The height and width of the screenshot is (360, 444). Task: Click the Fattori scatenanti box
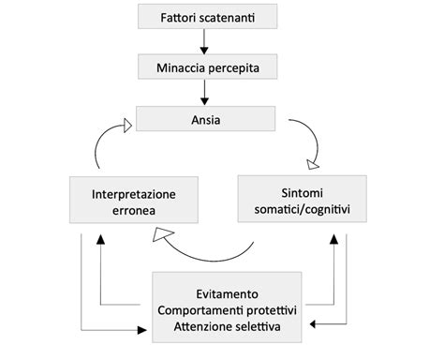tap(206, 17)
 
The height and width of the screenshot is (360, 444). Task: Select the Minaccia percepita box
tap(206, 67)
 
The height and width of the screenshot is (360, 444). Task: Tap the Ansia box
tap(206, 119)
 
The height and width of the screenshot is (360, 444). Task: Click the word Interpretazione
tap(134, 194)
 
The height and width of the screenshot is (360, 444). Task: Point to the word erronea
tap(134, 212)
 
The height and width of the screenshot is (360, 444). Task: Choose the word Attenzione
tap(198, 326)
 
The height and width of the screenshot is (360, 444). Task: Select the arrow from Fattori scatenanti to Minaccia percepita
tap(206, 41)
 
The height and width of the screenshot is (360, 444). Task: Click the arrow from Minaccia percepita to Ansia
tap(206, 93)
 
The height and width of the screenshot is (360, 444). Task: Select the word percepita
tap(234, 67)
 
